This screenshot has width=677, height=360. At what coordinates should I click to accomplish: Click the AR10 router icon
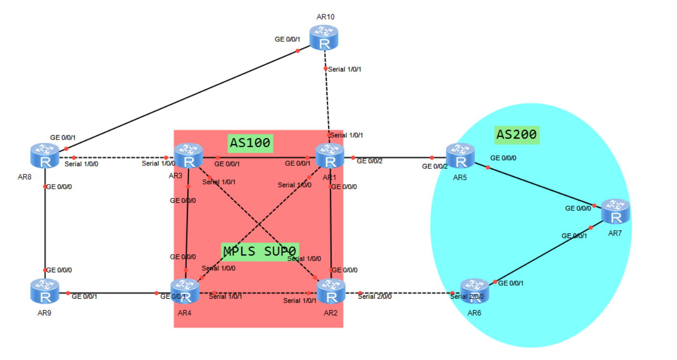point(323,37)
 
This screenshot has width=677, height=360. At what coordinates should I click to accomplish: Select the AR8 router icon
point(45,155)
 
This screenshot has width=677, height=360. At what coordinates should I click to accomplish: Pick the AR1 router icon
point(330,155)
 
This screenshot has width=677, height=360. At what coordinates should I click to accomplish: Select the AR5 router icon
point(460,155)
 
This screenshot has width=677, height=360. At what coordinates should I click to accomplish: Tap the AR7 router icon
point(616,211)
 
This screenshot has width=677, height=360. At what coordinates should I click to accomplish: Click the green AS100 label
point(250,143)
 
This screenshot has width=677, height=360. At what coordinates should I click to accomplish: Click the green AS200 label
point(517,135)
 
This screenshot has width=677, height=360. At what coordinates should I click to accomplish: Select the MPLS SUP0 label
point(260,251)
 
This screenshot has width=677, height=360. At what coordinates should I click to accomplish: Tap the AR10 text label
point(325,17)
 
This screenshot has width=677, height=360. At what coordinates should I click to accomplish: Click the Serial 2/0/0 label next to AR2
point(375,297)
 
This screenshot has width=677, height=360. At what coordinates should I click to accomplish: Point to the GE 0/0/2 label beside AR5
point(435,166)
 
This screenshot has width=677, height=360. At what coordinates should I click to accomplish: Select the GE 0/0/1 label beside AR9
point(84,297)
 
